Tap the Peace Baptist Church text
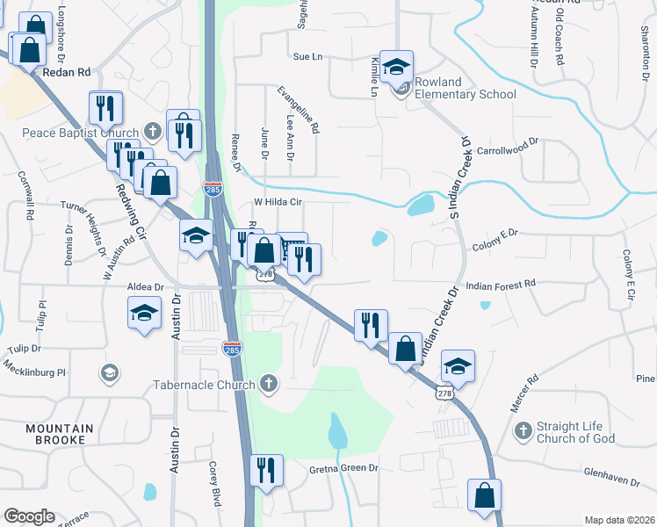coord(82,134)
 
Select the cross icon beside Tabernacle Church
coord(270,384)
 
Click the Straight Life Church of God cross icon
coord(523,430)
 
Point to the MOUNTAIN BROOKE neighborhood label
coord(55,433)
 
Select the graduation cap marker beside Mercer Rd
coord(458,365)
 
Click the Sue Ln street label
coord(307,56)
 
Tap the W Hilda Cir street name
coord(278,201)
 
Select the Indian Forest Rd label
coord(501,285)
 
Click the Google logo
coord(29,516)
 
